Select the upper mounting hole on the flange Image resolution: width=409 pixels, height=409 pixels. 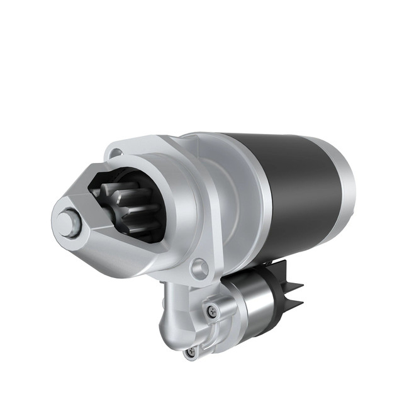pyautogui.click(x=116, y=153)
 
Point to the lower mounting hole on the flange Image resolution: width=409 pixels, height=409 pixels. pyautogui.click(x=200, y=269)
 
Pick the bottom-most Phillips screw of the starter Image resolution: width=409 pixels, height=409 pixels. pyautogui.click(x=191, y=353)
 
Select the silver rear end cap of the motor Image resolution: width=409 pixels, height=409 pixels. pyautogui.click(x=345, y=182)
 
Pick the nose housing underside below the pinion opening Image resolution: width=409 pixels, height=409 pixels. pyautogui.click(x=126, y=255)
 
